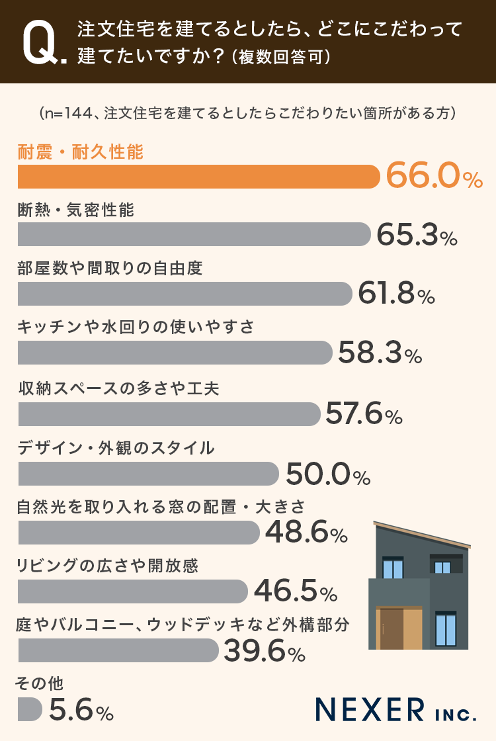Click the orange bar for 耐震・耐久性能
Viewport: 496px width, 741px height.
click(198, 177)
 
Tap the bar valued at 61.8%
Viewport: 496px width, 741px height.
click(185, 294)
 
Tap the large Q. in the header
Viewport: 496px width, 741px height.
click(44, 44)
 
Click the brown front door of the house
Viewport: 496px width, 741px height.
click(392, 628)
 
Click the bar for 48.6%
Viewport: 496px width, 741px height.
click(138, 533)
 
